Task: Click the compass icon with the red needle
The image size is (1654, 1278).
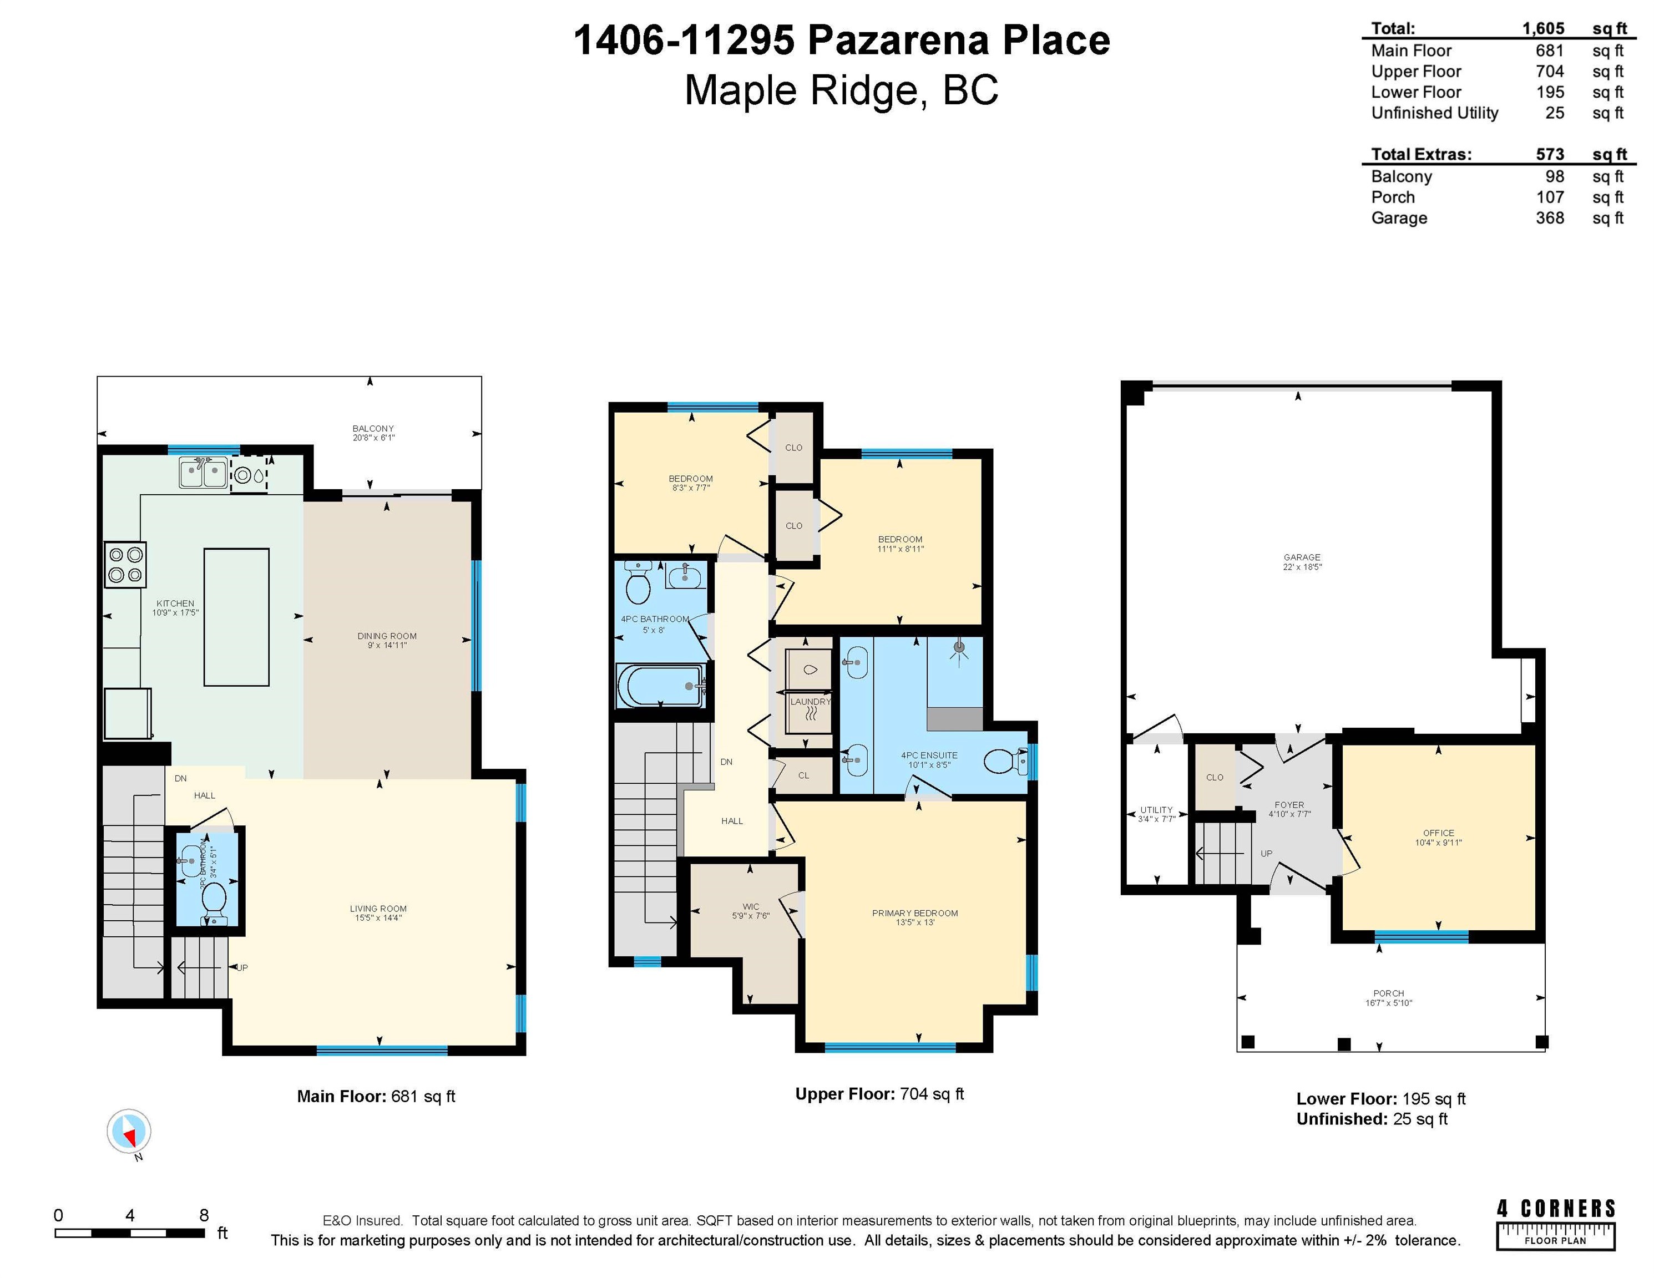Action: [x=129, y=1131]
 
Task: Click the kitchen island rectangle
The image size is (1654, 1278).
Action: [x=236, y=617]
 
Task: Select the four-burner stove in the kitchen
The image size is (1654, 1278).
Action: [x=125, y=565]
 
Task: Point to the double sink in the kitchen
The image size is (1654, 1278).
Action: [x=204, y=473]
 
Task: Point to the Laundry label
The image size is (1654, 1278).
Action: [x=810, y=702]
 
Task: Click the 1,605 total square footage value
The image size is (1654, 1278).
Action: [x=1544, y=28]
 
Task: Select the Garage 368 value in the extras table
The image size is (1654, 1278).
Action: [x=1550, y=218]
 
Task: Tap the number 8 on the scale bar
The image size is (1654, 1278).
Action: [x=204, y=1215]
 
